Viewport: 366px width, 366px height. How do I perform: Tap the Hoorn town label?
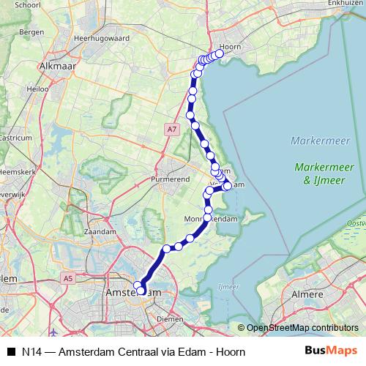tap(231, 46)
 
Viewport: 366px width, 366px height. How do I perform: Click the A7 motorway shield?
tap(171, 130)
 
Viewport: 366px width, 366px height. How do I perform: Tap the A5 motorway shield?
tap(68, 278)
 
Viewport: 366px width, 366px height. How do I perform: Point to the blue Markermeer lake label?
tap(313, 141)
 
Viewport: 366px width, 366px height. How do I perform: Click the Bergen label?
tap(29, 34)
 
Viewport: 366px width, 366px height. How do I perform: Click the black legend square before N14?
tap(11, 351)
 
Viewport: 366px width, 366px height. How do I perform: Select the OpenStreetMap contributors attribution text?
tap(302, 328)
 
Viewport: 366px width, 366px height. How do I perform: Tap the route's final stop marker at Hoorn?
tap(219, 53)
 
